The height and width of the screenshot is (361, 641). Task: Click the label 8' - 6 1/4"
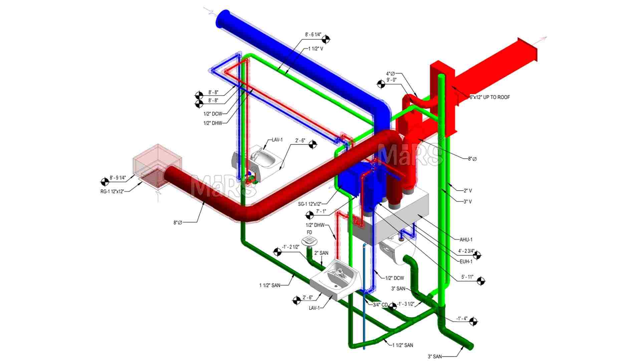coord(313,34)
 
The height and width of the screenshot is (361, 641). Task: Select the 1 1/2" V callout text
coord(315,49)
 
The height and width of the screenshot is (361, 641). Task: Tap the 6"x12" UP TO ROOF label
coord(490,97)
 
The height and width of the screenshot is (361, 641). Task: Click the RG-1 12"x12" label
coord(112,192)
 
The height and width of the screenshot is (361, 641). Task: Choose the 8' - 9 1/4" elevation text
coord(118,178)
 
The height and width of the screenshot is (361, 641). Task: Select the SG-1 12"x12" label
coord(310,204)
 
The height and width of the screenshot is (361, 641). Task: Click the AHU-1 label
coord(466,240)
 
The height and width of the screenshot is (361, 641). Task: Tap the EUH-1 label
coord(466,262)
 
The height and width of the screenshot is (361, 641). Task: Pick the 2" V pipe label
coord(468,191)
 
